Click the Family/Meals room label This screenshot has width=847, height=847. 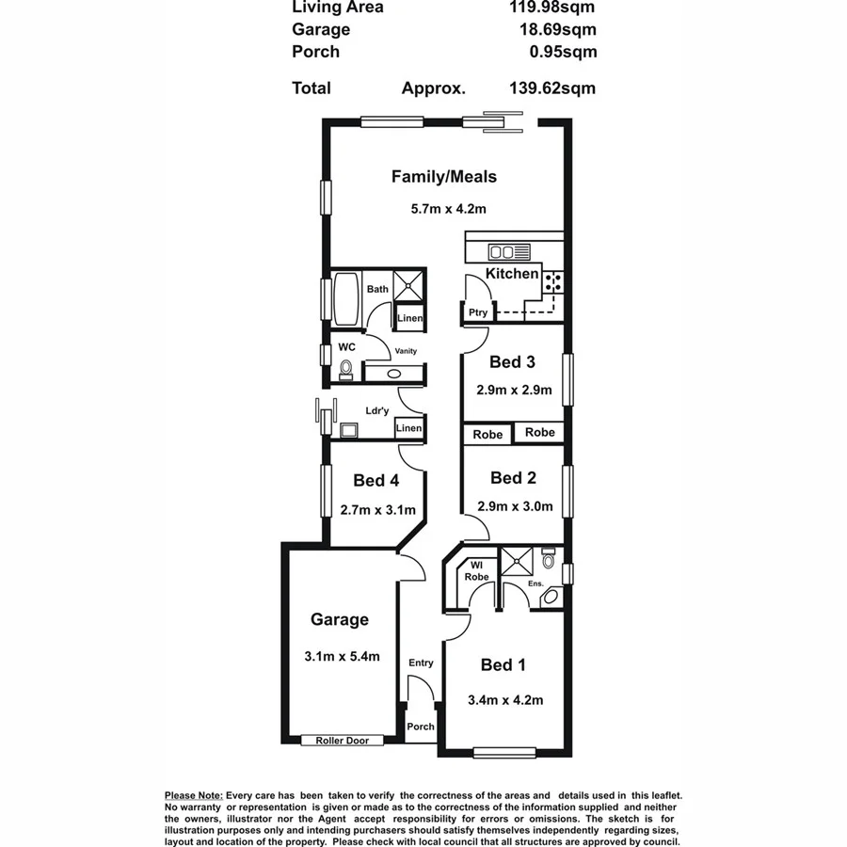click(443, 176)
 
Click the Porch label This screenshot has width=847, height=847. click(421, 727)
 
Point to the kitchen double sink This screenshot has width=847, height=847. click(502, 252)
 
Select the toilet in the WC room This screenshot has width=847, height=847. click(346, 368)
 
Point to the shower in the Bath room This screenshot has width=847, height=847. click(408, 284)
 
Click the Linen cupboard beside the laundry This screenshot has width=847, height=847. click(408, 429)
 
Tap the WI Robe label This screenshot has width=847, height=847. click(476, 571)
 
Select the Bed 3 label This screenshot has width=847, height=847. click(512, 362)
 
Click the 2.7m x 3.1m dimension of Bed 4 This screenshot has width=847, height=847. click(376, 511)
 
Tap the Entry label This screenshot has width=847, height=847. click(421, 663)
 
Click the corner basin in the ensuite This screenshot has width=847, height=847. click(552, 597)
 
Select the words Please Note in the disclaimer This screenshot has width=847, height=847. click(193, 796)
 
